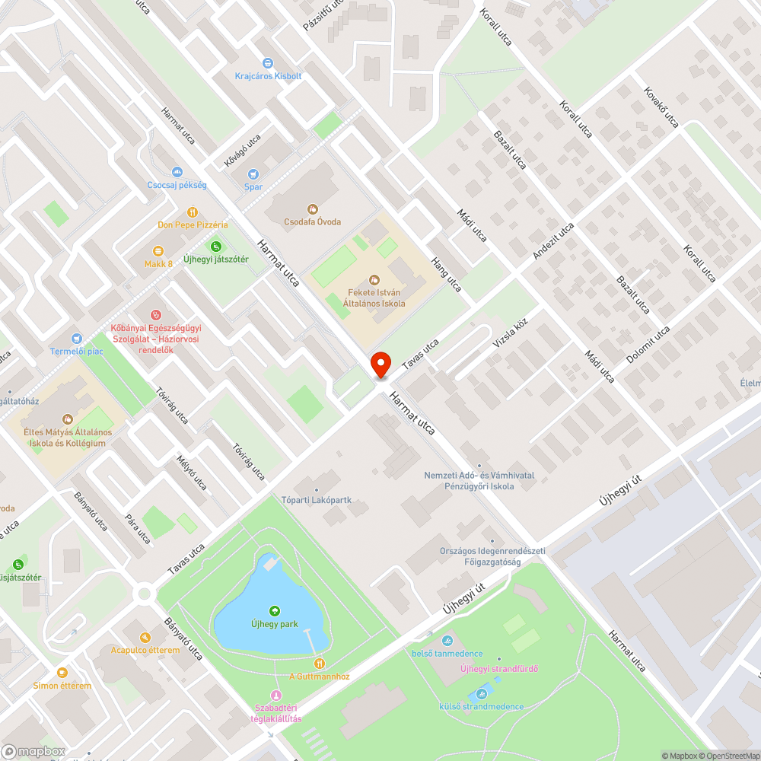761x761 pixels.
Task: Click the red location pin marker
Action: (x=380, y=364)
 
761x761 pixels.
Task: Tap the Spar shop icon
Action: (x=253, y=174)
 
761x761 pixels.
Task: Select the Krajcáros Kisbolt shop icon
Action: (x=268, y=63)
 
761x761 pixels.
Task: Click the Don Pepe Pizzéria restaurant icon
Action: (x=193, y=212)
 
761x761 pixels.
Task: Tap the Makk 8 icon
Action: (x=158, y=251)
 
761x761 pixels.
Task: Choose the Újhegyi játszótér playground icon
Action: (x=216, y=247)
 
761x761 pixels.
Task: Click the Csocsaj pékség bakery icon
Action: (x=177, y=173)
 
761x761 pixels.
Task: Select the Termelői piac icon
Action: (x=76, y=339)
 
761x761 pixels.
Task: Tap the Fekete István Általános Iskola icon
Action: (x=374, y=280)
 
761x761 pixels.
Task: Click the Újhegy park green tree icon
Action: (x=274, y=611)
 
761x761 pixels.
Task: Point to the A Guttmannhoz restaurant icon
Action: (x=320, y=664)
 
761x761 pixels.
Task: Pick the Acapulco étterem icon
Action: (x=145, y=638)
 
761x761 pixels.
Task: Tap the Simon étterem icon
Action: (x=62, y=673)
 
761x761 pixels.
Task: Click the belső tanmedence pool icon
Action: (x=447, y=641)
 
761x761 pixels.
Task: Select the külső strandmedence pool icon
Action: (x=481, y=694)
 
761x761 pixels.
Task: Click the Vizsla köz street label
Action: (x=510, y=337)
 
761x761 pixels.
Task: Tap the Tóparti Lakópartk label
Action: (x=326, y=501)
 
